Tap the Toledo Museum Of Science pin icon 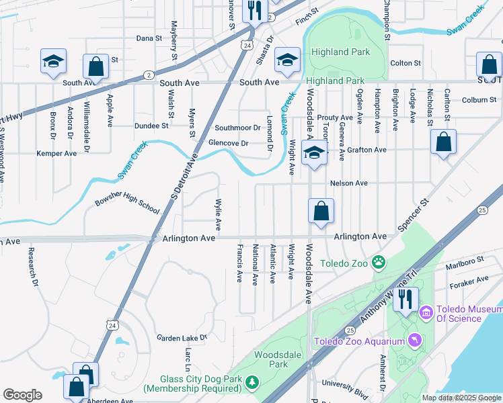[x=426, y=312]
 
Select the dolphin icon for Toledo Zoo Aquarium [x=415, y=342]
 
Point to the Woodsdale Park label [x=270, y=359]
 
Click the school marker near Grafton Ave [x=314, y=153]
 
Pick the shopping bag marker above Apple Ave [x=96, y=66]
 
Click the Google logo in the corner [x=22, y=395]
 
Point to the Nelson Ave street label [x=348, y=183]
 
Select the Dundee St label [x=151, y=126]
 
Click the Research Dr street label [x=32, y=266]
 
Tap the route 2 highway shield [x=148, y=75]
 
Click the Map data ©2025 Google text [x=461, y=398]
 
